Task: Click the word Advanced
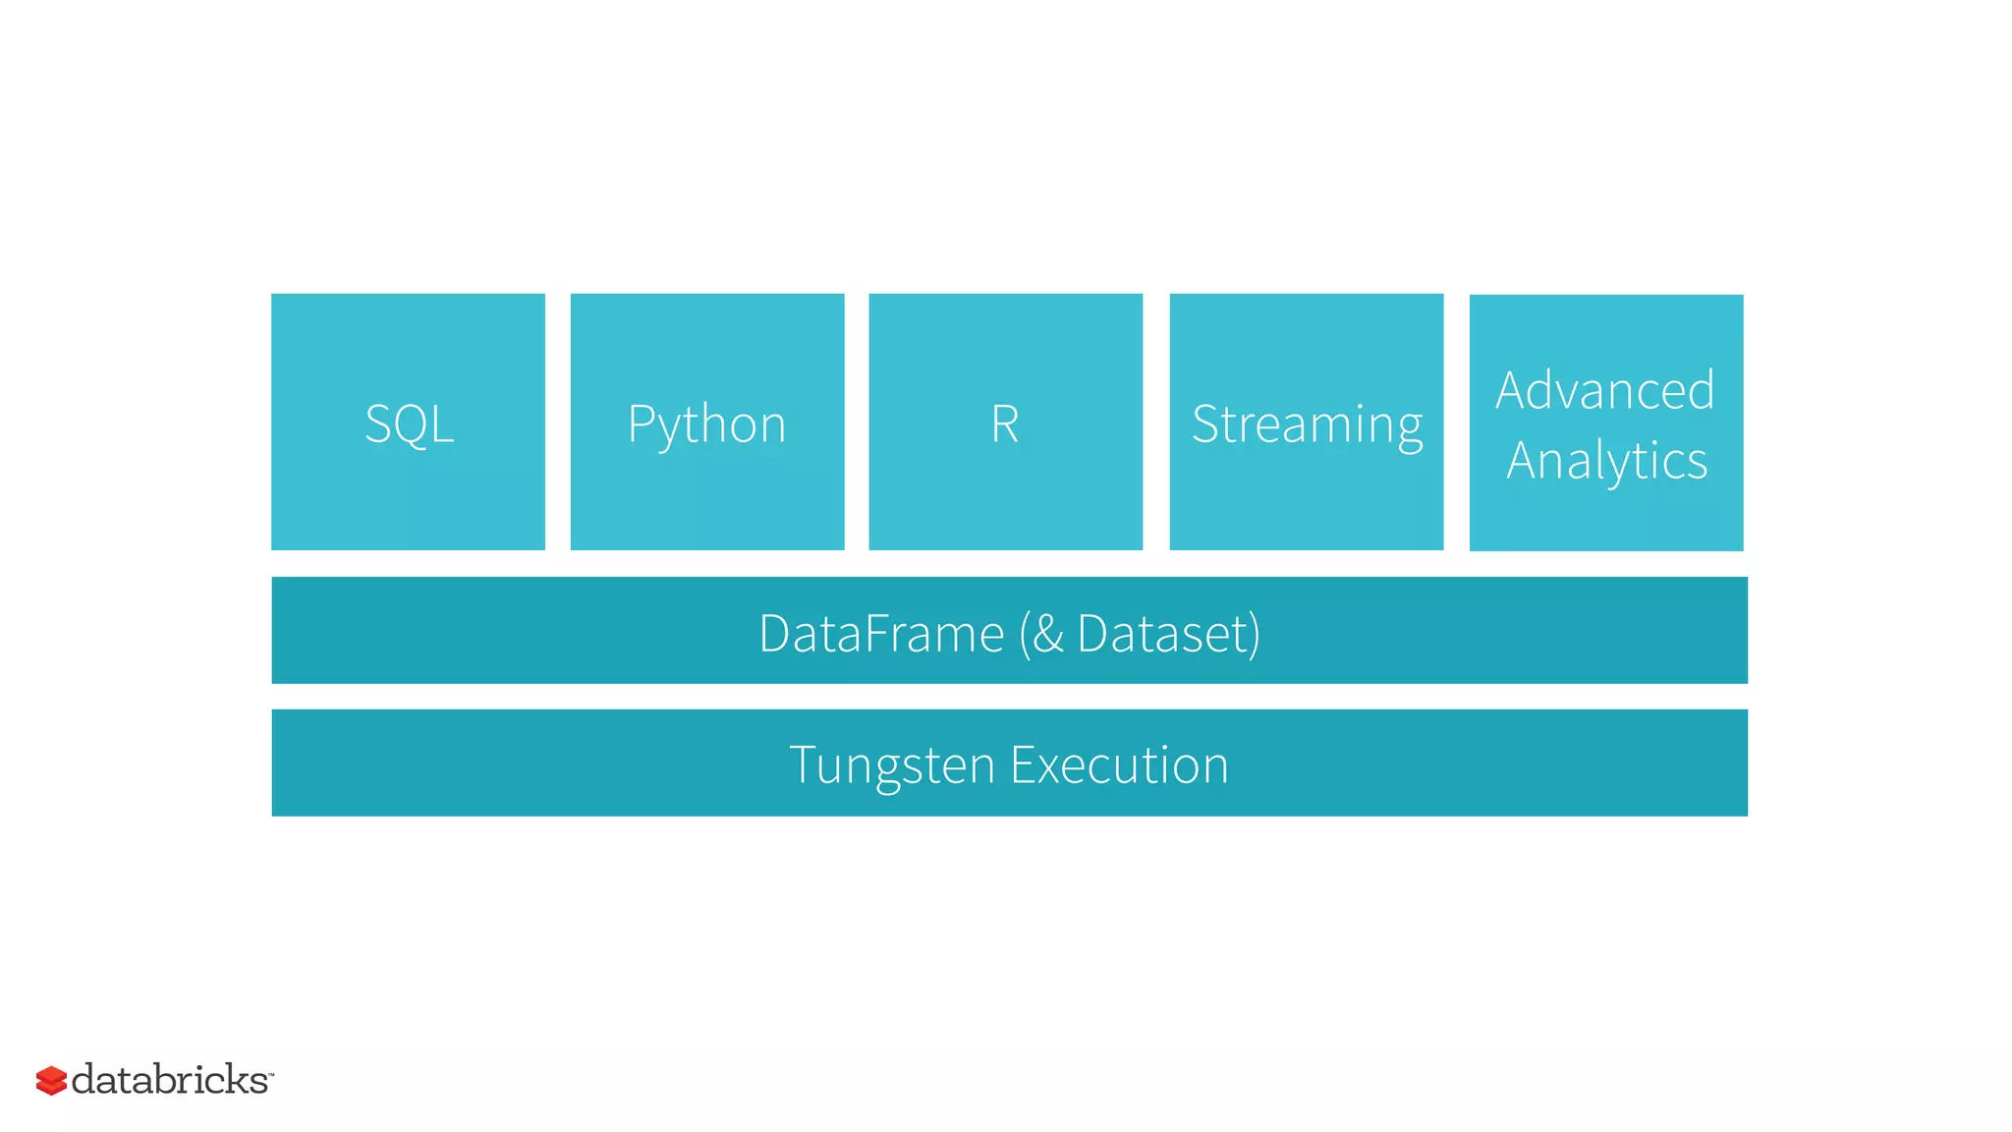(1604, 390)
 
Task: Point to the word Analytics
(1606, 461)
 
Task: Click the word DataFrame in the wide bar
(881, 633)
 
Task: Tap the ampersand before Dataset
(1048, 633)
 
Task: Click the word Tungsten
(891, 765)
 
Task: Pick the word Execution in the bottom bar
(1119, 764)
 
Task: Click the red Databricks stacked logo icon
(51, 1080)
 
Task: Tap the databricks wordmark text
(169, 1079)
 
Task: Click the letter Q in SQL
(411, 424)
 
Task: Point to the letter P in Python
(640, 424)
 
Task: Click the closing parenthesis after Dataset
(1255, 634)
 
